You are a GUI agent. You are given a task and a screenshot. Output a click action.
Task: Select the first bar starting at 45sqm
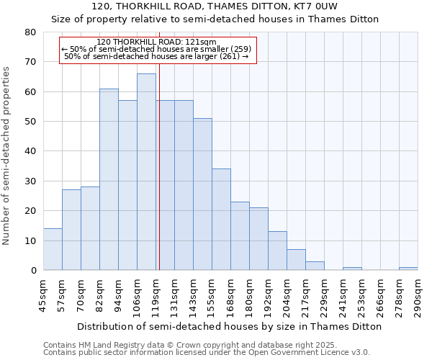click(x=53, y=249)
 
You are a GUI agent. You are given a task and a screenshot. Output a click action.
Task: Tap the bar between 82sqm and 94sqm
click(x=109, y=179)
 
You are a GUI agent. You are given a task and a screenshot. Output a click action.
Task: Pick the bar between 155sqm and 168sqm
click(x=221, y=220)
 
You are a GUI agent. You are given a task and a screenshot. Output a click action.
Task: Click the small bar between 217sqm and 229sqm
click(x=315, y=266)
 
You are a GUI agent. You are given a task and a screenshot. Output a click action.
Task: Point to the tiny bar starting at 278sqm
click(x=408, y=269)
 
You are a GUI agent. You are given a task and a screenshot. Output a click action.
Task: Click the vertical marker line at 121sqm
click(x=159, y=166)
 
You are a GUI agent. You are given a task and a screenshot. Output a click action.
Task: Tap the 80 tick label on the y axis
click(x=30, y=32)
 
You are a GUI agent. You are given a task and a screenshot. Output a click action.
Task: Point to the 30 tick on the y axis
click(x=30, y=181)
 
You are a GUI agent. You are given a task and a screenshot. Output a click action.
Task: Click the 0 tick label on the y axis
click(x=33, y=271)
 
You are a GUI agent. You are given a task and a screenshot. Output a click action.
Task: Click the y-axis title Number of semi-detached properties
click(x=7, y=155)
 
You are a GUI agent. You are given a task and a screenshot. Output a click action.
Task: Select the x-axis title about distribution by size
click(x=230, y=326)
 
